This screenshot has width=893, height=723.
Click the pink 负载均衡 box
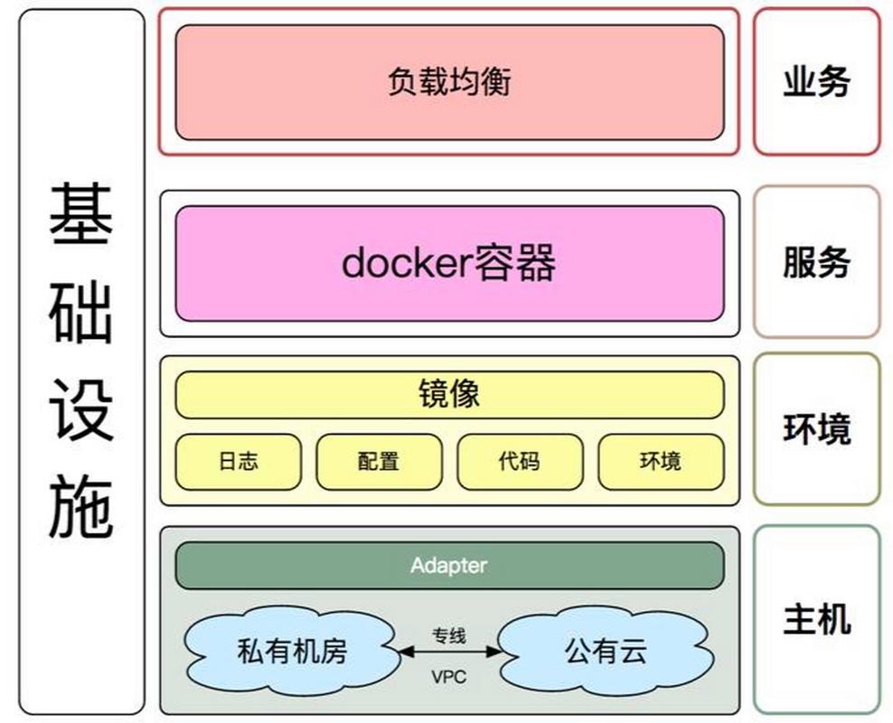point(449,81)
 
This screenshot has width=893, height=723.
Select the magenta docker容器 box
point(449,263)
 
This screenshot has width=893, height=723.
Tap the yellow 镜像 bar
point(449,394)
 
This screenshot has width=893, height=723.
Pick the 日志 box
point(238,461)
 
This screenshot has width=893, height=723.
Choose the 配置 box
point(379,461)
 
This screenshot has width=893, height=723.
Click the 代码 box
point(519,461)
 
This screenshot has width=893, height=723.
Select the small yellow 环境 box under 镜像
point(661,461)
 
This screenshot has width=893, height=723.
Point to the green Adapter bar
point(449,566)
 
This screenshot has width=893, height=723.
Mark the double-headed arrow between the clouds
point(448,651)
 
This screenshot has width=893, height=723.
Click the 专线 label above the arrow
point(448,635)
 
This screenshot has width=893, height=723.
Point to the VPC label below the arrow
point(448,676)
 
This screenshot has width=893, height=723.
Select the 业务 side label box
point(816,81)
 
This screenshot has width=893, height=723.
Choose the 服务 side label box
point(816,262)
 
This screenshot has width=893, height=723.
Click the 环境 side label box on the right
point(816,428)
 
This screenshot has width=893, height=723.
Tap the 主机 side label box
point(816,619)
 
